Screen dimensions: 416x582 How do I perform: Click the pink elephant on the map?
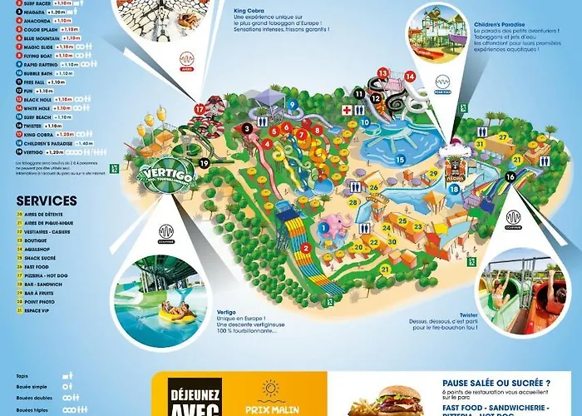pos(333,227)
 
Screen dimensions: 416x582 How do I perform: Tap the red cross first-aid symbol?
pos(346,110)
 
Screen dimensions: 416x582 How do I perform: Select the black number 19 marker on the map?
pos(204,164)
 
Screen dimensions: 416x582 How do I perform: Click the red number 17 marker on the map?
pos(199,109)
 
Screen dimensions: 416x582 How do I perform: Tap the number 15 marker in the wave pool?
pos(400,159)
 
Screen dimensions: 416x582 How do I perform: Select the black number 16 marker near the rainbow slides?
pos(510,176)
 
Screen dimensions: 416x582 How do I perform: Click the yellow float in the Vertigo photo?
pos(177,314)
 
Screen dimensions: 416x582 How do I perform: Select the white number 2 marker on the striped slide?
pos(306,248)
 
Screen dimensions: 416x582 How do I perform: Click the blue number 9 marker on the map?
pos(293,104)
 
